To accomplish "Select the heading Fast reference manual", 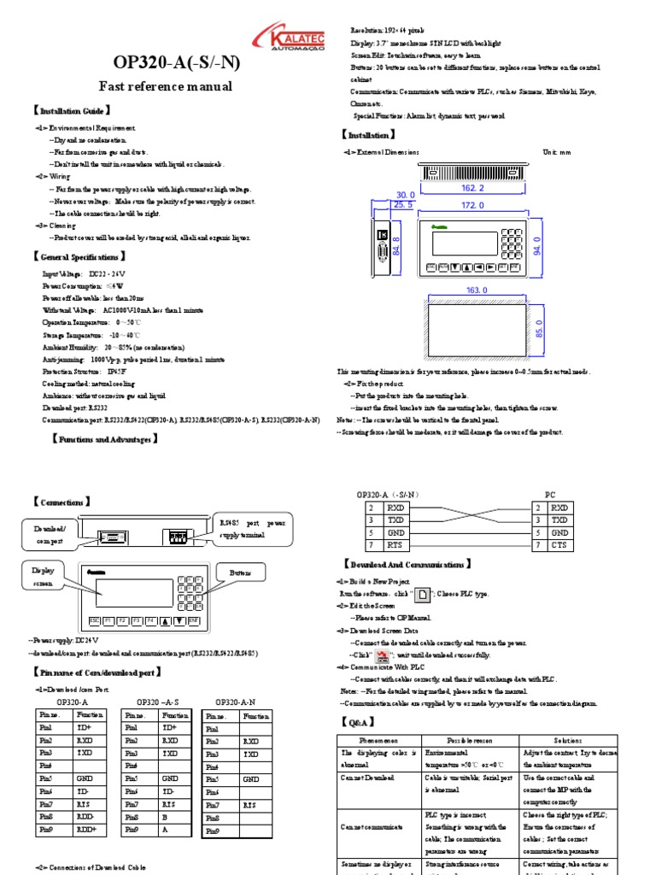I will pyautogui.click(x=165, y=86).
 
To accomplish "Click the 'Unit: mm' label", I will pyautogui.click(x=556, y=152).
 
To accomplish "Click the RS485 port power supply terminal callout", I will pyautogui.click(x=255, y=528).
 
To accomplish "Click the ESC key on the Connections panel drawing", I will pyautogui.click(x=94, y=620).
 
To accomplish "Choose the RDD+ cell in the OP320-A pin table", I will pyautogui.click(x=87, y=830).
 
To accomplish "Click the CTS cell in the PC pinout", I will pyautogui.click(x=559, y=544).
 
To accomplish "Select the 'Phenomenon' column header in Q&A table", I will pyautogui.click(x=379, y=739).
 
